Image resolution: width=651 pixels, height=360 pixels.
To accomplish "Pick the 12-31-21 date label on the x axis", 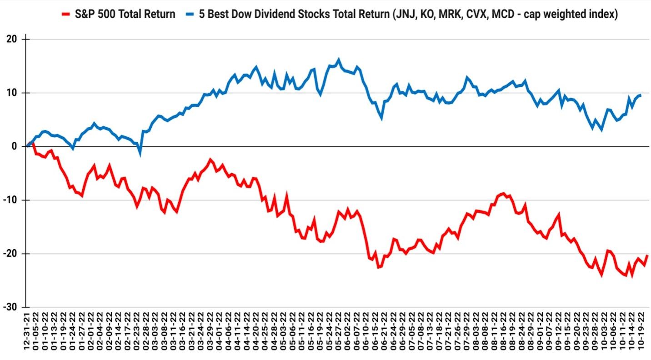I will coord(27,334).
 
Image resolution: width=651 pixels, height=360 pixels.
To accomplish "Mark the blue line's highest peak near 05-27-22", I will coord(338,60).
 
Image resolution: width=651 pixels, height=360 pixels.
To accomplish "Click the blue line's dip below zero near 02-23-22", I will coord(140,153).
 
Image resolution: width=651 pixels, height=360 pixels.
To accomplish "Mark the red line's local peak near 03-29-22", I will coord(210,160).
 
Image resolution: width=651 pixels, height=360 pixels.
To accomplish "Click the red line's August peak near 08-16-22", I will coord(503,193).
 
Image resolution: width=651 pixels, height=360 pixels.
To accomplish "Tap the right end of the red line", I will coord(647,256).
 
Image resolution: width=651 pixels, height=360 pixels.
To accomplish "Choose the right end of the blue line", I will coord(641,95).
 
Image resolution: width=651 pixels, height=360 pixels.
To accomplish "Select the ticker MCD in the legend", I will coord(514,14).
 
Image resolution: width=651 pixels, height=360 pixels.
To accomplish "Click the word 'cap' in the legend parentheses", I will coord(544,14).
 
